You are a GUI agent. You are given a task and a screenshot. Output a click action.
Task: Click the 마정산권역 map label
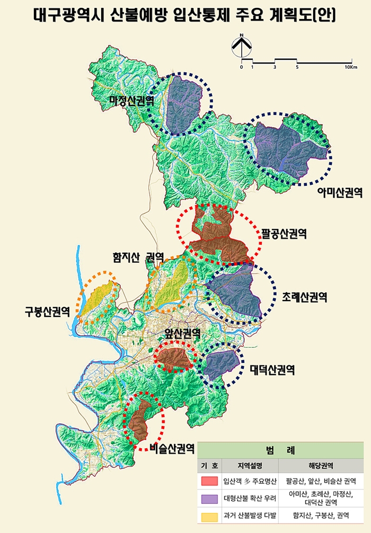131,100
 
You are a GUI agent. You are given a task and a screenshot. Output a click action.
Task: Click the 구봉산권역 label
47,311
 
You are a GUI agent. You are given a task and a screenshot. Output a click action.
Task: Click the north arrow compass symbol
242,47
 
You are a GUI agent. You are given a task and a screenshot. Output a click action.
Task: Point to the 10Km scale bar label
351,67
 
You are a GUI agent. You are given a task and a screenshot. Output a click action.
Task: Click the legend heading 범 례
280,451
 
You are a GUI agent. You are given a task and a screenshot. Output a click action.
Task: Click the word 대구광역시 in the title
66,14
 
